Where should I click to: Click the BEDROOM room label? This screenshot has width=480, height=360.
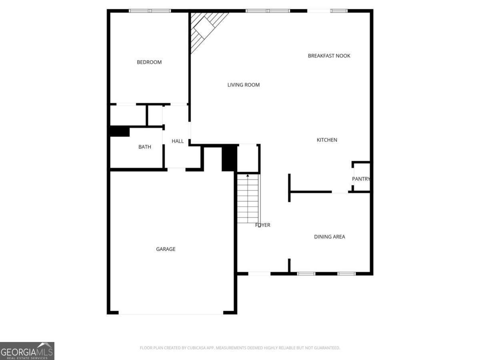point(149,62)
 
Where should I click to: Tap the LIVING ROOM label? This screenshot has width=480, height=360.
point(244,85)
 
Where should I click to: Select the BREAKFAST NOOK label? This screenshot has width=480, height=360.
point(329,56)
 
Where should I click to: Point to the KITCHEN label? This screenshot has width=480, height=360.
point(327,140)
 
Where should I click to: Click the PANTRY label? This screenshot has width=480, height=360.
point(361,179)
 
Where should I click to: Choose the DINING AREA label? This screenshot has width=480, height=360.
point(329,237)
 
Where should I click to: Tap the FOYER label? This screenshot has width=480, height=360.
point(263,225)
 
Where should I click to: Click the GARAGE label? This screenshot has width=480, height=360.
point(166,249)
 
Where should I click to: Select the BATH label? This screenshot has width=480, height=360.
point(145,147)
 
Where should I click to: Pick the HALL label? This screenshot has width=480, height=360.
point(178,141)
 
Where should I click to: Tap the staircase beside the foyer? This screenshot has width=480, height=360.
point(248,199)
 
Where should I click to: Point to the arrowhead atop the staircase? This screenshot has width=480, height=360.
point(248,175)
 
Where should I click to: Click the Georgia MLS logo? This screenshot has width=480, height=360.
point(27,351)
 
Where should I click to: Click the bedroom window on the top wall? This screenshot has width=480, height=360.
point(150,11)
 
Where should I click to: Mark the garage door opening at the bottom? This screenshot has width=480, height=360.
point(171,313)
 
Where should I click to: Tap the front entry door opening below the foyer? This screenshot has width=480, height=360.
point(259,274)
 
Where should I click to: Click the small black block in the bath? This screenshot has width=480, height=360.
point(120,132)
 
